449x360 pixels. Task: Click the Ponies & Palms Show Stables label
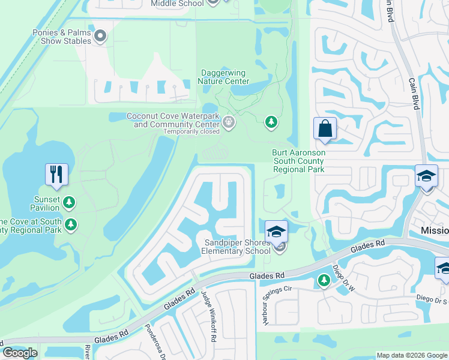[x=58, y=37]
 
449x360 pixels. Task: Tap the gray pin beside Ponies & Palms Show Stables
[x=101, y=37]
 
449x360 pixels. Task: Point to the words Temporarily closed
[x=191, y=131]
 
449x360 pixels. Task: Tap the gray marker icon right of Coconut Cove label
[x=229, y=122]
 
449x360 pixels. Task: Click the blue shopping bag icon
[x=325, y=128]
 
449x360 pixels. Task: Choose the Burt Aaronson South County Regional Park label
[x=298, y=161]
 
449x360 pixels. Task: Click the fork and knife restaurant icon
[x=56, y=175]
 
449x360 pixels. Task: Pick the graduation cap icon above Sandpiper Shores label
[x=276, y=231]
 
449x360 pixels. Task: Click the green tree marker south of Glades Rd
[x=324, y=280]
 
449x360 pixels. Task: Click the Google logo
[x=20, y=352]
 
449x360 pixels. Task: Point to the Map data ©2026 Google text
[x=412, y=355]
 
